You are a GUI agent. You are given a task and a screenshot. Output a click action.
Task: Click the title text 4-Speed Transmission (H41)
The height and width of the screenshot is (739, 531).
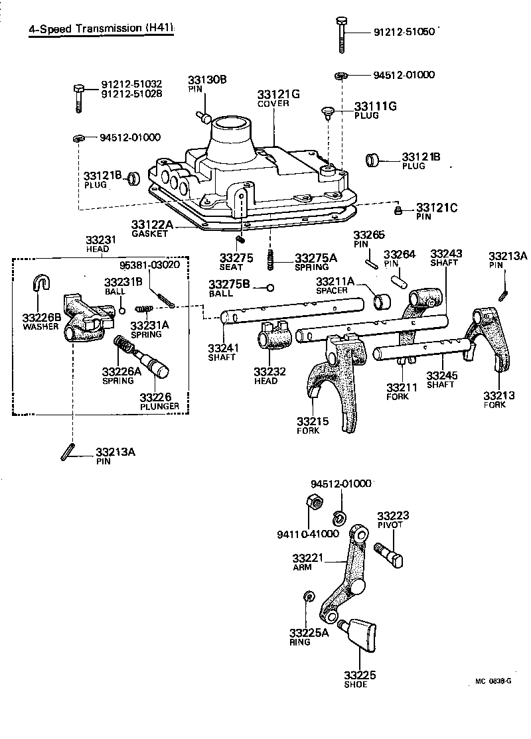click(101, 29)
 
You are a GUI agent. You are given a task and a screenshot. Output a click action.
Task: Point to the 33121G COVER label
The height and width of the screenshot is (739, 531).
click(278, 99)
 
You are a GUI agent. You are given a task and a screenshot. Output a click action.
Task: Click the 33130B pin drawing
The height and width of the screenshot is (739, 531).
click(204, 118)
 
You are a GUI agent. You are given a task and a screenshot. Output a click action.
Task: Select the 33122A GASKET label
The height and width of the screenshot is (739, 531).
click(152, 229)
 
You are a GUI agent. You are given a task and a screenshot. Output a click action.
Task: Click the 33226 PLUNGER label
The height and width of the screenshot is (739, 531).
click(159, 401)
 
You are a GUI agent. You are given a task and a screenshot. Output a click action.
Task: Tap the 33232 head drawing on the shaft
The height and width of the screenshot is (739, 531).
click(272, 335)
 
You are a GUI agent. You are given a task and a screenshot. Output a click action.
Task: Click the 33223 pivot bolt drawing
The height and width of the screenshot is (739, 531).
click(390, 553)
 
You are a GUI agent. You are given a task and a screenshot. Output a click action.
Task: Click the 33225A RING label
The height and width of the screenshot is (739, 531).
click(309, 637)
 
